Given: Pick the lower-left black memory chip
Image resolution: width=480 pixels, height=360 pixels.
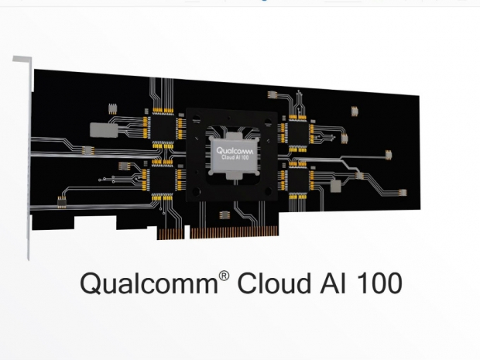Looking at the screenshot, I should pos(162,180).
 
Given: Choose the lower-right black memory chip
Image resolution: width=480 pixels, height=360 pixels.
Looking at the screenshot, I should pos(296,180).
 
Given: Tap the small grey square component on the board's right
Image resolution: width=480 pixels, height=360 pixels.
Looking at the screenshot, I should pos(335,187).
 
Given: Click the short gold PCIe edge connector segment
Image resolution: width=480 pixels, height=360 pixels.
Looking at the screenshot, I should pos(173,231).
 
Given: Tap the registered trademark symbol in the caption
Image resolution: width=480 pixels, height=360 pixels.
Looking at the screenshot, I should pos(221,276).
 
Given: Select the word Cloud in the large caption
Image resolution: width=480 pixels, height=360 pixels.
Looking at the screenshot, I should pos(265,283).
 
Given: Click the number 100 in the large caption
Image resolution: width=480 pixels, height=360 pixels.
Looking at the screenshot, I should pos(375,283).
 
